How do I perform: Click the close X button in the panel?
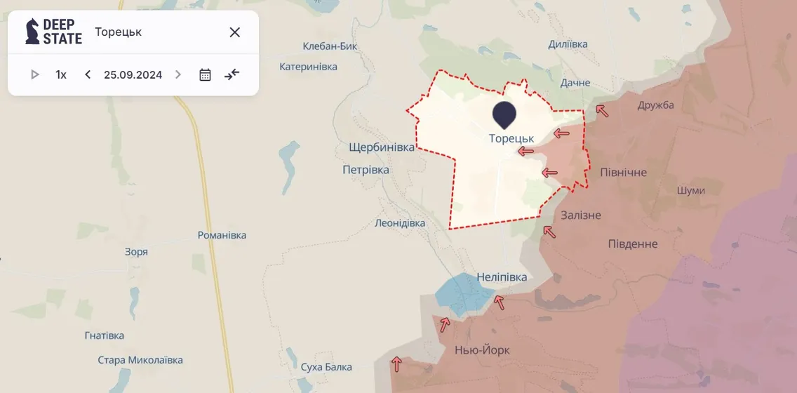(x=235, y=32)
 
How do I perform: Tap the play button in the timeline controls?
(x=34, y=74)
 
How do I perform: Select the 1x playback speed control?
(x=61, y=74)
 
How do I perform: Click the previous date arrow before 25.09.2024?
(x=88, y=74)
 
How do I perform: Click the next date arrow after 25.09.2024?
(x=178, y=74)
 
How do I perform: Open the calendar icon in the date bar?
(x=205, y=74)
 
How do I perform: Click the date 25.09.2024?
(x=133, y=74)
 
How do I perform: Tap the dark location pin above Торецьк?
(x=504, y=114)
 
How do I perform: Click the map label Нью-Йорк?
(x=482, y=350)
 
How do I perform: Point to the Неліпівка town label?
(x=501, y=277)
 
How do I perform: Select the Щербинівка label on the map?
(x=382, y=147)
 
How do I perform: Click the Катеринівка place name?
(x=308, y=67)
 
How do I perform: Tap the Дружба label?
(x=655, y=105)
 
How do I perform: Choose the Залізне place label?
(x=581, y=215)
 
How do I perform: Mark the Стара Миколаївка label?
(x=140, y=360)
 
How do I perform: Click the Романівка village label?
(x=222, y=235)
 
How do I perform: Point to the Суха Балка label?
(x=326, y=367)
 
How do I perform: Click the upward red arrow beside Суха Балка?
(x=397, y=364)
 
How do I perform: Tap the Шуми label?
(x=691, y=190)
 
